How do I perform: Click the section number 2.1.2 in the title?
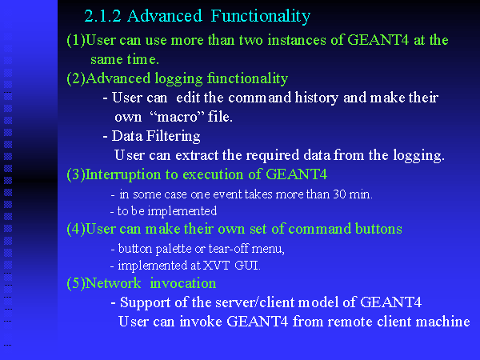point(103,16)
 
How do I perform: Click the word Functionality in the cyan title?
point(261,17)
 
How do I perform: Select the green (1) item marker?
point(76,41)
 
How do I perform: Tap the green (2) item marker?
point(76,78)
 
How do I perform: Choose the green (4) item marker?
point(76,230)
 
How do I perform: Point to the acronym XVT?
point(217,266)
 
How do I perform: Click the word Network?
point(113,283)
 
